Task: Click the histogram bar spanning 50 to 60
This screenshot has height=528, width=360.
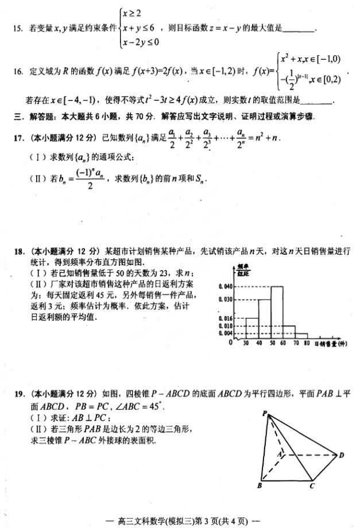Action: pos(277,312)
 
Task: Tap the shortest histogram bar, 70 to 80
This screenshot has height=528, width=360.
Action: pos(301,336)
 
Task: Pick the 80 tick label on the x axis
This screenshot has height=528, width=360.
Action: pos(307,344)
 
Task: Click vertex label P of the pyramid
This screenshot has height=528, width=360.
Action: pos(264,413)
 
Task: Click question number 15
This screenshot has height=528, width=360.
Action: pos(16,28)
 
